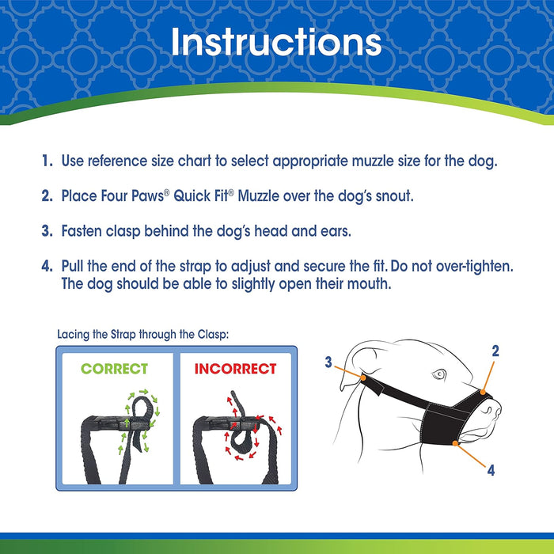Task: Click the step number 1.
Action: point(47,161)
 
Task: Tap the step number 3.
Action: point(47,231)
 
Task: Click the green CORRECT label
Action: point(114,369)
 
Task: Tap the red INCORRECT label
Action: point(235,369)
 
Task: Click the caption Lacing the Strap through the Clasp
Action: point(143,335)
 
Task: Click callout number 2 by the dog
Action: point(495,351)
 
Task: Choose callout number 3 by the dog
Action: point(328,362)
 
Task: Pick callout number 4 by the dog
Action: point(491,470)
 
